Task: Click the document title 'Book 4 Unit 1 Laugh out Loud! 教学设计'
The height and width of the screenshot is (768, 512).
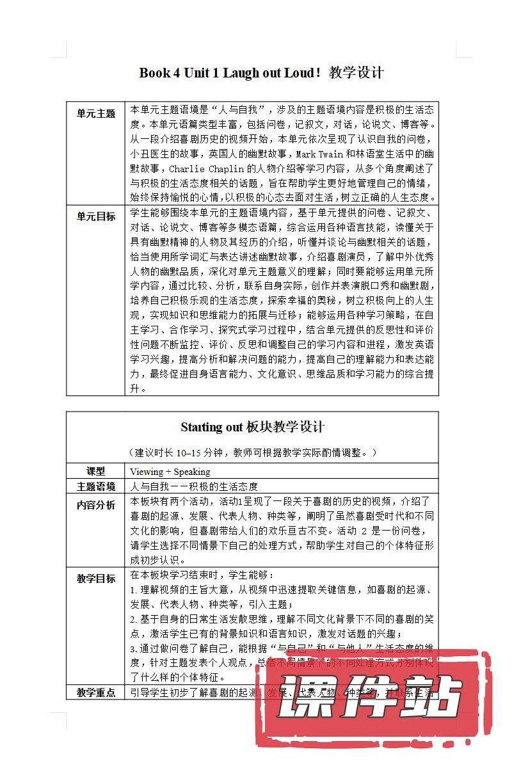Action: point(261,72)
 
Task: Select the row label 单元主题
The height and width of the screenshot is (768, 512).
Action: point(96,114)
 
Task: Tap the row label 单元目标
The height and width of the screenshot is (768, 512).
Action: point(96,216)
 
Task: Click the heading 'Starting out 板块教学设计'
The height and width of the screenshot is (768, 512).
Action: point(252,427)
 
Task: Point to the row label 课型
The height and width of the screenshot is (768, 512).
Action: point(96,471)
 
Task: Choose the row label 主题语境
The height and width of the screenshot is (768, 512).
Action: point(96,486)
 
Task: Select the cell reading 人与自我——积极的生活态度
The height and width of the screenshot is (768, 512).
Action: point(194,486)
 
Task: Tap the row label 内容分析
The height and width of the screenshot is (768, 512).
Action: point(96,505)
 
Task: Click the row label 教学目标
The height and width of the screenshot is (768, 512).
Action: point(96,579)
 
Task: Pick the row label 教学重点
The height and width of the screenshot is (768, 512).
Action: point(96,692)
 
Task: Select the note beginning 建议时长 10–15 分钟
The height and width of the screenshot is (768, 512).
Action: point(252,452)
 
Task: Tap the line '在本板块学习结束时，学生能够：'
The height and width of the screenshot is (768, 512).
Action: point(202,575)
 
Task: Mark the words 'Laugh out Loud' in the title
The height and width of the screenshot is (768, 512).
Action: point(269,72)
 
